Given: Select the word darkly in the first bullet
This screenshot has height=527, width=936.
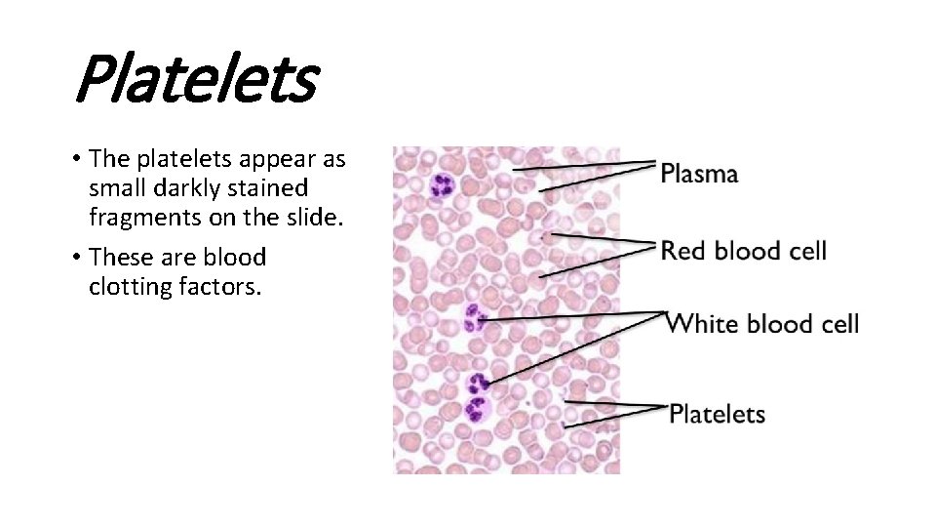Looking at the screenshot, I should coord(191,187).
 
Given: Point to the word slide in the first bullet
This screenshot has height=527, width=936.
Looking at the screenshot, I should coord(317,217).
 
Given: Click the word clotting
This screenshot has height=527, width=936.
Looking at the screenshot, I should coord(128,287).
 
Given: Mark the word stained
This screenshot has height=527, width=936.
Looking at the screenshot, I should coord(268,187).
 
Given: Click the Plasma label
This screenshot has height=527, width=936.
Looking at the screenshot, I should coord(699,175).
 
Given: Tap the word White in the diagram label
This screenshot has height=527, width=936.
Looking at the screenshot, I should coord(703,323).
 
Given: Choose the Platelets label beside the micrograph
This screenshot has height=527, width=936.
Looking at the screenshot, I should coord(717,414).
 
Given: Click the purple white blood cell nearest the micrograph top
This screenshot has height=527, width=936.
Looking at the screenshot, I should coord(442,184).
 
